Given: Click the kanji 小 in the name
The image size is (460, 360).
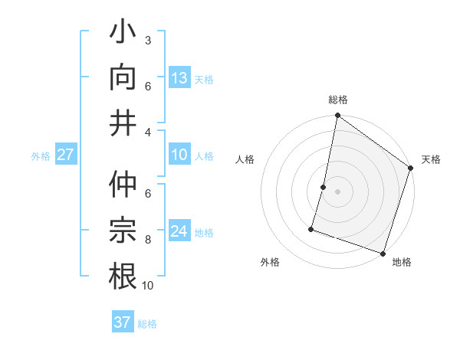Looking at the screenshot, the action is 123,35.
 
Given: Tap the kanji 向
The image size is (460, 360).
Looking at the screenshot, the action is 123,77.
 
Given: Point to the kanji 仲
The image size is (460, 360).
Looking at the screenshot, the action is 123,186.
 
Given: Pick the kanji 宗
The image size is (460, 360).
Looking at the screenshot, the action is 123,231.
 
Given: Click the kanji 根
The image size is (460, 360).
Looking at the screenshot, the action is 123,275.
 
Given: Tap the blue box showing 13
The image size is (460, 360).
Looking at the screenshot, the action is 179,78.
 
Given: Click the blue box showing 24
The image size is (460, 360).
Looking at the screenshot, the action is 179,231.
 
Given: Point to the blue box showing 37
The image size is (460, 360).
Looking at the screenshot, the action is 122,322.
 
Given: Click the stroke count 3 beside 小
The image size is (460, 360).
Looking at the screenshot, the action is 147,40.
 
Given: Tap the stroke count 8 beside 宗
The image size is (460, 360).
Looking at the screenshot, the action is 147,240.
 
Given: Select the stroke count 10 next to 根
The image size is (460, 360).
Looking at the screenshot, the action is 147,286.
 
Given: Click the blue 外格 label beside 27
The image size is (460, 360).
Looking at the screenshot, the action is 41,156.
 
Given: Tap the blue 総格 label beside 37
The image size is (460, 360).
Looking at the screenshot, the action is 147,324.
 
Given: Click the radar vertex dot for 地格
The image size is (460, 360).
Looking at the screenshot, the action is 383,253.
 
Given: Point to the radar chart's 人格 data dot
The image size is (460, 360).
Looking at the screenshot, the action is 324,187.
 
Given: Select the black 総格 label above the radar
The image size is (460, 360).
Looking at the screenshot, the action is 337,100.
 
